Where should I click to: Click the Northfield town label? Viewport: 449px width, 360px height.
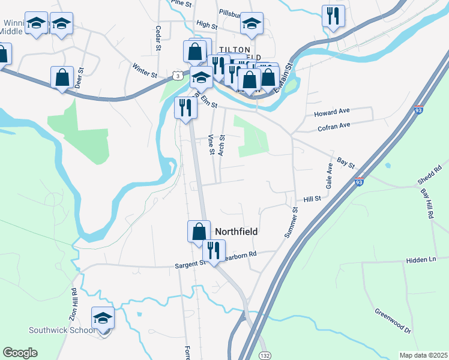pos(236,232)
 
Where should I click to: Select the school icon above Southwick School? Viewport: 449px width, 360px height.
pos(103,318)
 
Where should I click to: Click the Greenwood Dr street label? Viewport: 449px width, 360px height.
pos(392,321)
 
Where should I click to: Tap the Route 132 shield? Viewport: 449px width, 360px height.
pos(264,356)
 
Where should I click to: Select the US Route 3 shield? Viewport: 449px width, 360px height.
pos(176,75)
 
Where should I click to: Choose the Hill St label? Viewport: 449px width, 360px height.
pos(313,199)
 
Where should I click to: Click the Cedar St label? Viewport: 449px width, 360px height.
pos(158,37)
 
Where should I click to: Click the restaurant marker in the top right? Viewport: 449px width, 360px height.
pos(333,15)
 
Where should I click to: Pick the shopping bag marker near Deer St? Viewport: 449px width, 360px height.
pos(62,78)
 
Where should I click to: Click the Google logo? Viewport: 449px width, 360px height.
pos(20,353)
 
